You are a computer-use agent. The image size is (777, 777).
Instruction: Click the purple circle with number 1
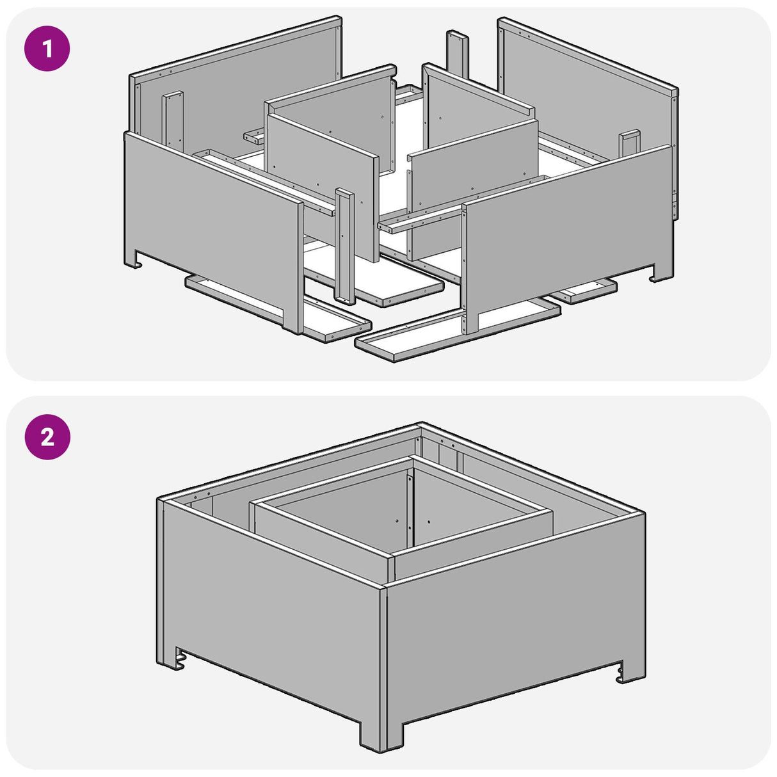(47, 48)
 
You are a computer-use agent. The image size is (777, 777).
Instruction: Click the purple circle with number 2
(47, 437)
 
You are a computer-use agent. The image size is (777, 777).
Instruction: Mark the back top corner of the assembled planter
(419, 426)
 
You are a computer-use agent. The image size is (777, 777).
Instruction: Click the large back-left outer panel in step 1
(243, 90)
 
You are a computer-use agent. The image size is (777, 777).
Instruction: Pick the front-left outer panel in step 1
(211, 218)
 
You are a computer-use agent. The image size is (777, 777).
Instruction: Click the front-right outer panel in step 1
(563, 224)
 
